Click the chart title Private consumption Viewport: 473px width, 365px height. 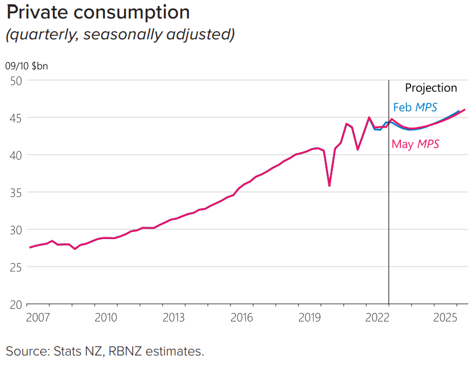pos(98,13)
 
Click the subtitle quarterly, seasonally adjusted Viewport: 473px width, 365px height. pos(120,35)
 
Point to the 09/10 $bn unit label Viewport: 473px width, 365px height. pos(26,66)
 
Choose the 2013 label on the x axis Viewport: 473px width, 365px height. pos(173,316)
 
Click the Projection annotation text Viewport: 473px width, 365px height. pos(431,88)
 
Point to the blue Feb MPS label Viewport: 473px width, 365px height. pos(415,108)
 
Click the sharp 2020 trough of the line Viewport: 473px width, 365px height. pos(329,185)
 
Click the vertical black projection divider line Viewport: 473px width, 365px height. pos(388,239)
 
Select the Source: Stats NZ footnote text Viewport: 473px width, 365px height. pos(105,351)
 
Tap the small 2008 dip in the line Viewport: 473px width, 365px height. pos(74,249)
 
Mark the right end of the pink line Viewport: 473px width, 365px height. pos(465,109)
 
